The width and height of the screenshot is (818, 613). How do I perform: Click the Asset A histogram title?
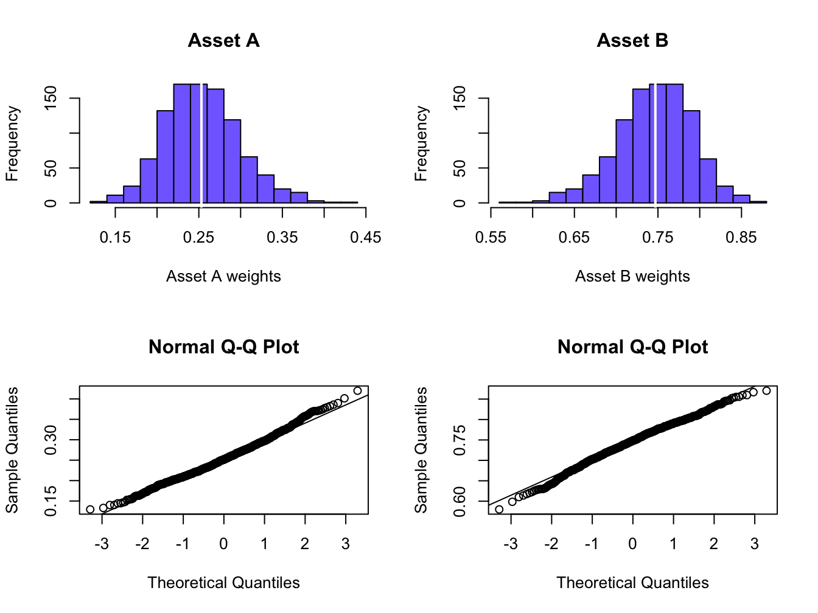click(x=223, y=41)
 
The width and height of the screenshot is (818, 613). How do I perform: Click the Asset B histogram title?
click(x=632, y=41)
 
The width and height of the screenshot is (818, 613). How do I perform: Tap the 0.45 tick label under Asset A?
click(x=365, y=238)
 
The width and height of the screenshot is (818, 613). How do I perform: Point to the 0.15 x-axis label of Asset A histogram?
click(x=115, y=238)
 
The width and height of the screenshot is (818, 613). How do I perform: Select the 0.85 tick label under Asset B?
click(x=741, y=238)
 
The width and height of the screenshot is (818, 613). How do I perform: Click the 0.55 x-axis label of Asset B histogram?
click(x=491, y=238)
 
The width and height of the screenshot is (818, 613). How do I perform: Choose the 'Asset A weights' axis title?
click(x=223, y=277)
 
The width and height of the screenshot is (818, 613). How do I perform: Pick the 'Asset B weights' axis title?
click(x=632, y=277)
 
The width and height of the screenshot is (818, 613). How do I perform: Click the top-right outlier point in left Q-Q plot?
click(x=357, y=391)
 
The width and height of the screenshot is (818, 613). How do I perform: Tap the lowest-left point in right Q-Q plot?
click(x=499, y=509)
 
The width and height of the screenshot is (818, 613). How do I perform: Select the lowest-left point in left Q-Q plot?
click(x=90, y=509)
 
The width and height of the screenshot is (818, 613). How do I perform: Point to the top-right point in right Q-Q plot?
click(x=766, y=390)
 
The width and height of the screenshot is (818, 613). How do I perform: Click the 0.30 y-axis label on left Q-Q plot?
click(x=51, y=439)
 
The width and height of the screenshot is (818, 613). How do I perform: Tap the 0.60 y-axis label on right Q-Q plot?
click(x=460, y=501)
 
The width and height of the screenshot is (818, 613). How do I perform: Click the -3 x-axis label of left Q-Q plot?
click(x=102, y=544)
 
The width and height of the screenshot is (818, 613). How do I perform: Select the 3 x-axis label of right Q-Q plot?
click(x=755, y=544)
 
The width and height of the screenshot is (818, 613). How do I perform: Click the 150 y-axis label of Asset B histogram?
click(x=460, y=98)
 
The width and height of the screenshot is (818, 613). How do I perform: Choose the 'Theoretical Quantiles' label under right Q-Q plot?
click(x=632, y=583)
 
